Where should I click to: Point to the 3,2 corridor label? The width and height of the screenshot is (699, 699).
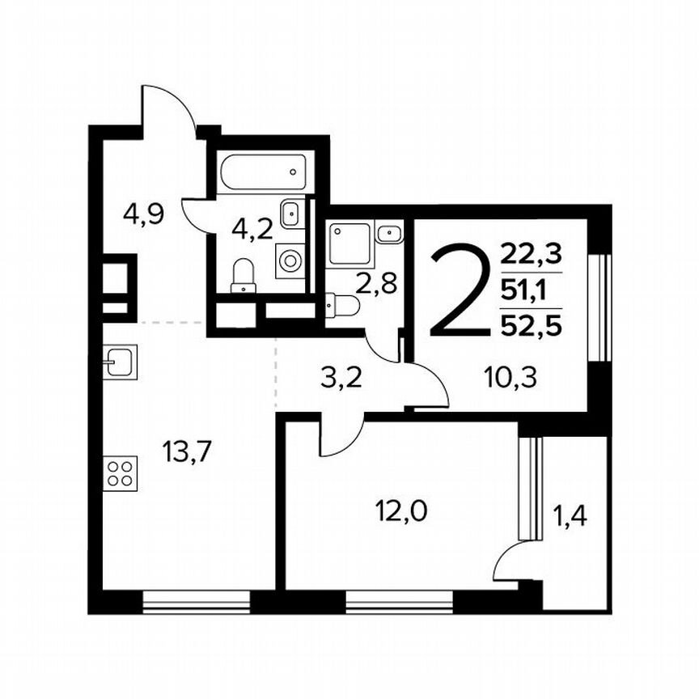pyautogui.click(x=332, y=378)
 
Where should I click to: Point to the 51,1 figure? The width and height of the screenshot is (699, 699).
pyautogui.click(x=531, y=290)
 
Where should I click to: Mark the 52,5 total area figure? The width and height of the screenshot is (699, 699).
pyautogui.click(x=531, y=325)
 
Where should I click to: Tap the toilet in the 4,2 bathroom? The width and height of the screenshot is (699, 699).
pyautogui.click(x=244, y=275)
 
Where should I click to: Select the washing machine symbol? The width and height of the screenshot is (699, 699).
pyautogui.click(x=290, y=261)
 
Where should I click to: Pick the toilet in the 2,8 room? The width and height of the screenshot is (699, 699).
pyautogui.click(x=343, y=306)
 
